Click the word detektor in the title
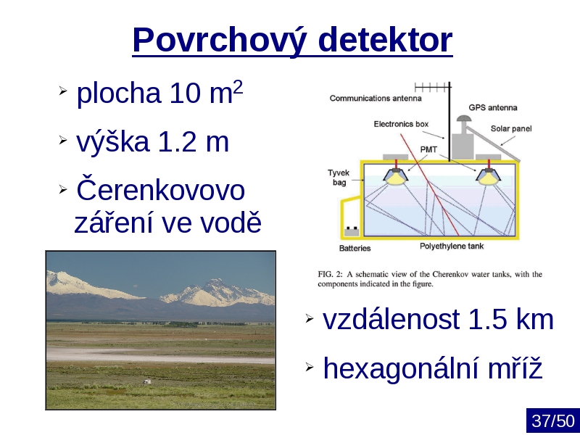tap(385, 39)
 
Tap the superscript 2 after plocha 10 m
tap(238, 87)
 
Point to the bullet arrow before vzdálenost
tap(310, 318)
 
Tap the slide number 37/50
tap(553, 421)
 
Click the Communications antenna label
tap(376, 99)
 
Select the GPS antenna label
tap(493, 107)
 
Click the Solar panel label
tap(511, 129)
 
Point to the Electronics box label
tap(401, 124)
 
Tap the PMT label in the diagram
tap(428, 149)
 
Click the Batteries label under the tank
tap(355, 248)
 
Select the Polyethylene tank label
tap(451, 246)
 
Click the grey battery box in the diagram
tap(352, 232)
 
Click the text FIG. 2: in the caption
tap(331, 275)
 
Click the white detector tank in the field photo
tap(146, 381)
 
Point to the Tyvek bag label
tap(339, 178)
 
